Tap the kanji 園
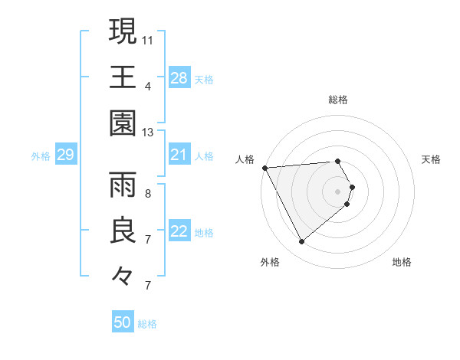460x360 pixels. point(122,123)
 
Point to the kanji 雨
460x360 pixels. point(122,185)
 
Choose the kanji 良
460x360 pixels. point(122,231)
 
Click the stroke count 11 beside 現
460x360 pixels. point(148,39)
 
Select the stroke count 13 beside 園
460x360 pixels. point(148,133)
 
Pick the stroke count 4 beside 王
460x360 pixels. point(148,86)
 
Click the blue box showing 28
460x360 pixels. point(179,78)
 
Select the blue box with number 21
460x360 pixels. point(179,155)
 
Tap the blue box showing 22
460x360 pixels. point(179,232)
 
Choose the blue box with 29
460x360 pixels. point(65,155)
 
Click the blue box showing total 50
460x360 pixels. point(123,323)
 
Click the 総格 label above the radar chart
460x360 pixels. point(338,100)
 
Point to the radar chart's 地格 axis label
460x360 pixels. point(402,263)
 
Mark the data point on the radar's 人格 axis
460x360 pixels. point(264,168)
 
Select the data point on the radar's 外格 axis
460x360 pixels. point(301,242)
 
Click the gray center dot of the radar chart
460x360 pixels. point(338,190)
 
